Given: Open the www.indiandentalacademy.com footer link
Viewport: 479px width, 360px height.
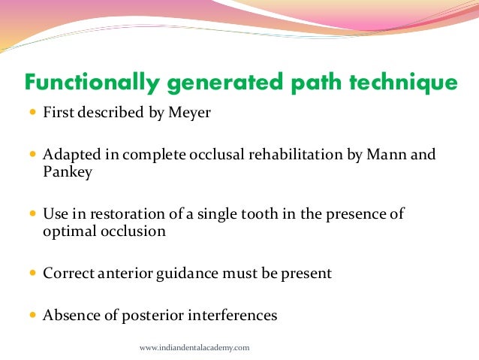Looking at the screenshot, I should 194,348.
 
